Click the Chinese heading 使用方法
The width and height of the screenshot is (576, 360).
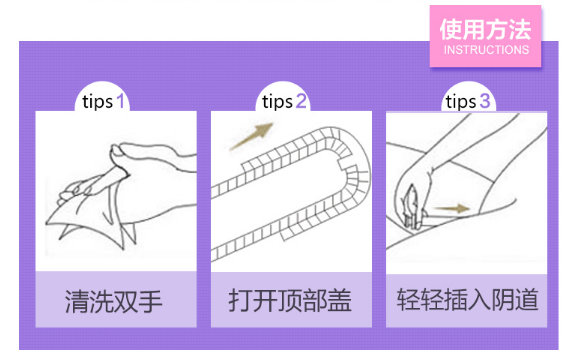pyautogui.click(x=486, y=29)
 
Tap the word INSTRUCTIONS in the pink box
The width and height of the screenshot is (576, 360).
pyautogui.click(x=486, y=50)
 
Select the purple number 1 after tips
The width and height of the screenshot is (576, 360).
pyautogui.click(x=120, y=101)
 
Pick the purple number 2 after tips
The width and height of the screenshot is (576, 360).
pyautogui.click(x=301, y=101)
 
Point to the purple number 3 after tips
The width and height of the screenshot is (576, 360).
pyautogui.click(x=485, y=101)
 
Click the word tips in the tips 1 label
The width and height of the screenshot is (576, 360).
pyautogui.click(x=97, y=102)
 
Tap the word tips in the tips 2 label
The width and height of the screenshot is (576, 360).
pyautogui.click(x=277, y=102)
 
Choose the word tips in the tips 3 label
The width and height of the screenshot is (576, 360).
pyautogui.click(x=461, y=102)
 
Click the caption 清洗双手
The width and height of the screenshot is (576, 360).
pyautogui.click(x=114, y=302)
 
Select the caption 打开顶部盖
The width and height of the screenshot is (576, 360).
pyautogui.click(x=290, y=300)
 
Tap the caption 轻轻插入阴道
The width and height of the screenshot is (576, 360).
pyautogui.click(x=467, y=300)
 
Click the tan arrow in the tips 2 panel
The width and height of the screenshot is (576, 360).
pyautogui.click(x=251, y=136)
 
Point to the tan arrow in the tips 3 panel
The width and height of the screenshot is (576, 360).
pyautogui.click(x=451, y=209)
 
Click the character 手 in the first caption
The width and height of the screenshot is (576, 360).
pyautogui.click(x=150, y=302)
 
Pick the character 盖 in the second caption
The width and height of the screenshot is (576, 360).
pyautogui.click(x=339, y=300)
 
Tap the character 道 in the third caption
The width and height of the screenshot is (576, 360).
pyautogui.click(x=526, y=300)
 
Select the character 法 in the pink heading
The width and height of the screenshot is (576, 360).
pyautogui.click(x=520, y=29)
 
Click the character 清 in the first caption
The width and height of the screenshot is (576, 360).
pyautogui.click(x=77, y=302)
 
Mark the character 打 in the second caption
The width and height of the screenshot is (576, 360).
pyautogui.click(x=240, y=300)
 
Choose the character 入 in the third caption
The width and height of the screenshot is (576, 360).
pyautogui.click(x=479, y=300)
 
